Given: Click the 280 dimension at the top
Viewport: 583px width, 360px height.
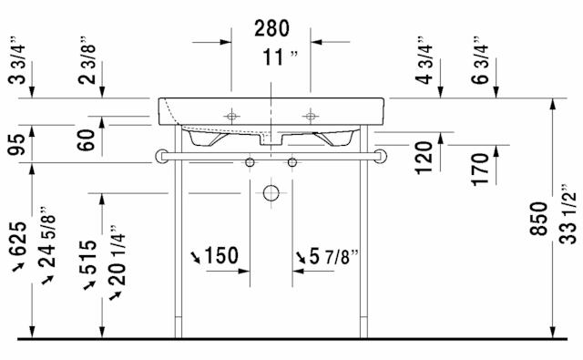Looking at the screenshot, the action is point(271,28).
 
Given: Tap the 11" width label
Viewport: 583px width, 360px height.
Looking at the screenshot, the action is point(280,57).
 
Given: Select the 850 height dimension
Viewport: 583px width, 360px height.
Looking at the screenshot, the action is point(539,219).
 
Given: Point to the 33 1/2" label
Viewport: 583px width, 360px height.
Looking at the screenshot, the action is point(568,214).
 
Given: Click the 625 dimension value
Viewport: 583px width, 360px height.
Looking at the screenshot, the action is point(18,239).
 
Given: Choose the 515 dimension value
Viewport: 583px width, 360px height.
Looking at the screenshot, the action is point(88,257).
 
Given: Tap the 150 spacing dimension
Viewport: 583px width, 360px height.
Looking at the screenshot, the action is point(221,255).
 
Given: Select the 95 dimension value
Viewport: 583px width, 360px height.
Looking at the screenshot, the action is point(17,144).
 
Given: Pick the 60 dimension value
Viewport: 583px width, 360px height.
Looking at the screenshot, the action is point(87,139).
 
